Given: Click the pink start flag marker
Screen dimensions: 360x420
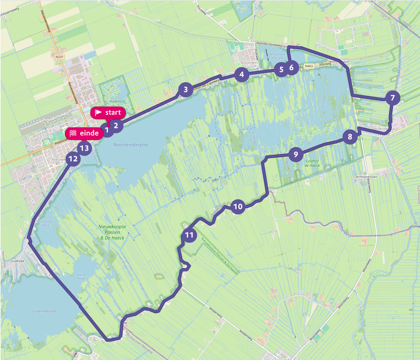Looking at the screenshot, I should pos(108,113).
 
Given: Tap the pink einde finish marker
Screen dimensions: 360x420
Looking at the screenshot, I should pos(84,133).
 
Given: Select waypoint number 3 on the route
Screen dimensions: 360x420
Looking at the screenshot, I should pos(186,90).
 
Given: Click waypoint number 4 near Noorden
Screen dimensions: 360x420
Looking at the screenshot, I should pos(242,74).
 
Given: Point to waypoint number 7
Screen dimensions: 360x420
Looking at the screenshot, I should pos(392,98).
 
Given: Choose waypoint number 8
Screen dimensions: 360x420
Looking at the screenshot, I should pos(350,137).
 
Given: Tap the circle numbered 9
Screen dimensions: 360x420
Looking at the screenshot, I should pos(296,154).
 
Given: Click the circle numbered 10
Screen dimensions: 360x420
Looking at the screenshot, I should pos(238,207).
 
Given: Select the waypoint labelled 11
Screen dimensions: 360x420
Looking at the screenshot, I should pos(189,235).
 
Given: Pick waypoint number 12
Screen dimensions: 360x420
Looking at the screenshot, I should pos(73,159).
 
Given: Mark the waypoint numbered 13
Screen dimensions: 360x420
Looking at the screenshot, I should pos(84,148).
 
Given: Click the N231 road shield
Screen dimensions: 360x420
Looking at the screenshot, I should pos(59,57).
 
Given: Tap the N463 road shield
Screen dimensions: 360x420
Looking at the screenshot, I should pos(309,66).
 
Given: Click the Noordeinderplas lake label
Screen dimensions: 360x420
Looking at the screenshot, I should pos(131,145).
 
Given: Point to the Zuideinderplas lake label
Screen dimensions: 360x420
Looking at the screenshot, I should pos(44,311).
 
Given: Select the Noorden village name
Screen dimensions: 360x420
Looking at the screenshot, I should pos(249,63).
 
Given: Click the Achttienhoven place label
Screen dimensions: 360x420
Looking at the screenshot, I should pos(367,177).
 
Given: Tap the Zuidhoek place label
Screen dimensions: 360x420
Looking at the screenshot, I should pos(17,261).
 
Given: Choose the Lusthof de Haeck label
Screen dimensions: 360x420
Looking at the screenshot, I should pos(312,163).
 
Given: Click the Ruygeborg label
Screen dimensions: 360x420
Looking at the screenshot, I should pos(117,101).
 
